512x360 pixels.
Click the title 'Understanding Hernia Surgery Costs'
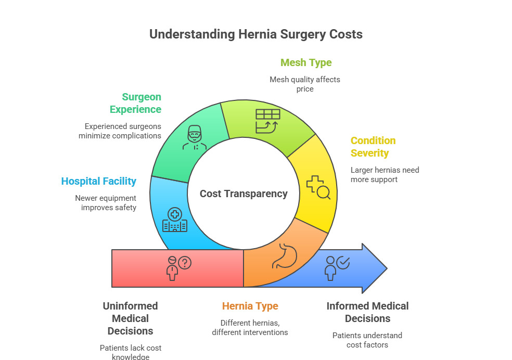256,35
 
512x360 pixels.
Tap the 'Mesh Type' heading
306,63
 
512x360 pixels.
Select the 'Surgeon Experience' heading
135,103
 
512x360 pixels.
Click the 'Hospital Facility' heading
99,182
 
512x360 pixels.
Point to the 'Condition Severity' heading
373,147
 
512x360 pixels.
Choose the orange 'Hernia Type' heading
250,306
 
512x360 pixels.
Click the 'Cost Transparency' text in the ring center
244,194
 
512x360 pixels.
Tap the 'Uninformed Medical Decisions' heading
130,318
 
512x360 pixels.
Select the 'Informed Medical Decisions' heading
367,312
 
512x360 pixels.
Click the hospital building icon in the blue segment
175,221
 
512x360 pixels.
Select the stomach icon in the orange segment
285,255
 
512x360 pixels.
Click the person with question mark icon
177,267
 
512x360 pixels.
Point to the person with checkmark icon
336,267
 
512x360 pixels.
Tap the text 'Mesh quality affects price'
305,84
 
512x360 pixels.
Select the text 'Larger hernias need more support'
385,175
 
